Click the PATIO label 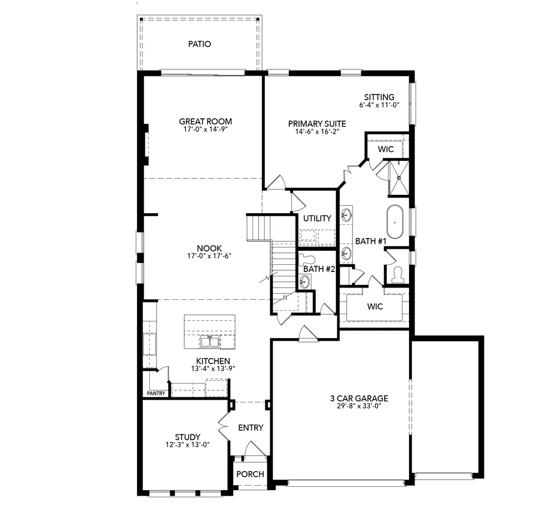199,44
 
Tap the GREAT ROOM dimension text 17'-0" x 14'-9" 205,129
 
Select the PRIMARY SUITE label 317,124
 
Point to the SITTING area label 380,97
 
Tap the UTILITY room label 317,218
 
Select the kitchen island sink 210,341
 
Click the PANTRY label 156,394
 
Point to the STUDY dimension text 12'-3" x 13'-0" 188,445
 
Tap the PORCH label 250,474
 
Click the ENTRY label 250,427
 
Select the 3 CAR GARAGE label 359,398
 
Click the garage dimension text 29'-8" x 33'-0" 359,406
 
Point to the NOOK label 209,248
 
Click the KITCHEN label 209,361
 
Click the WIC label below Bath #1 375,306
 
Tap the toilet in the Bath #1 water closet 397,274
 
